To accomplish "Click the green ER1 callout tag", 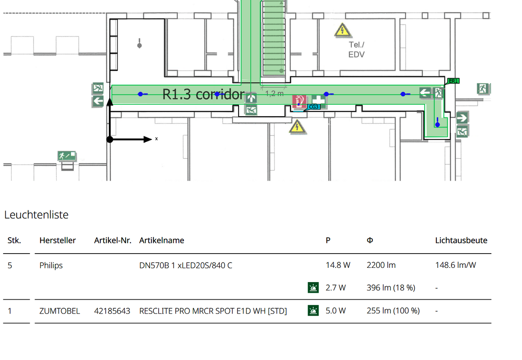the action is click(x=453, y=81).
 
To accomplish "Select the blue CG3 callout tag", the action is click(x=314, y=107).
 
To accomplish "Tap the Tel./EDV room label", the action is click(x=356, y=50).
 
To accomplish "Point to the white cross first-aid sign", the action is click(x=319, y=100).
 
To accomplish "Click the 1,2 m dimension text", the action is click(x=274, y=94).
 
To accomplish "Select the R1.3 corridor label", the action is click(x=203, y=94).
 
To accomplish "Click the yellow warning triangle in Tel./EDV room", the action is click(x=342, y=30).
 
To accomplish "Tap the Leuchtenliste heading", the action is click(x=36, y=214).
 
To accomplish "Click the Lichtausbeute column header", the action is click(x=461, y=240).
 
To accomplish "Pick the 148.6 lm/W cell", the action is click(x=456, y=265).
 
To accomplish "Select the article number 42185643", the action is click(x=112, y=311).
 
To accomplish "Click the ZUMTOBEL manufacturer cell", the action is click(x=60, y=311).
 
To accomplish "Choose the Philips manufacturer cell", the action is click(x=51, y=265).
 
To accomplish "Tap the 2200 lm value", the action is click(x=381, y=265).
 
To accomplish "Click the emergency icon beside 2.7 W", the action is click(x=313, y=287).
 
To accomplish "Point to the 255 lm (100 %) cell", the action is click(x=393, y=311).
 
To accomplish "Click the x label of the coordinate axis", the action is click(x=156, y=139).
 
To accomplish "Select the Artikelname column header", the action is click(x=161, y=240).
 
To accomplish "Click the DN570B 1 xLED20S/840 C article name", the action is click(x=186, y=265).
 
